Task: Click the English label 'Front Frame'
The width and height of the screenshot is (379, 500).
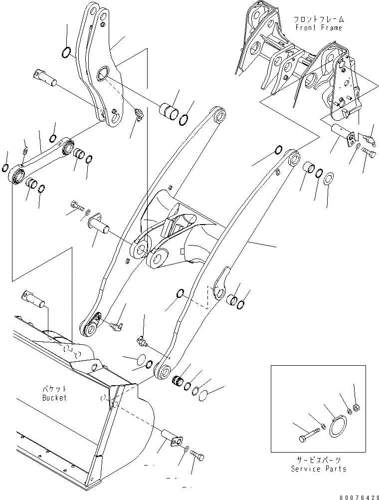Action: pyautogui.click(x=319, y=27)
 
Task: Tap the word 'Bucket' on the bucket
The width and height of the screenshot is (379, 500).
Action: pyautogui.click(x=54, y=398)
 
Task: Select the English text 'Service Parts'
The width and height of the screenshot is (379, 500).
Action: pyautogui.click(x=319, y=469)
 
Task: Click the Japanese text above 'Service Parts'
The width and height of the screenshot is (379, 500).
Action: pyautogui.click(x=319, y=460)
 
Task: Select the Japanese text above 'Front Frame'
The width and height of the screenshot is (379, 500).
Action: pyautogui.click(x=319, y=19)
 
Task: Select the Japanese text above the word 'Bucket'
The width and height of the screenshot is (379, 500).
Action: pyautogui.click(x=54, y=389)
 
